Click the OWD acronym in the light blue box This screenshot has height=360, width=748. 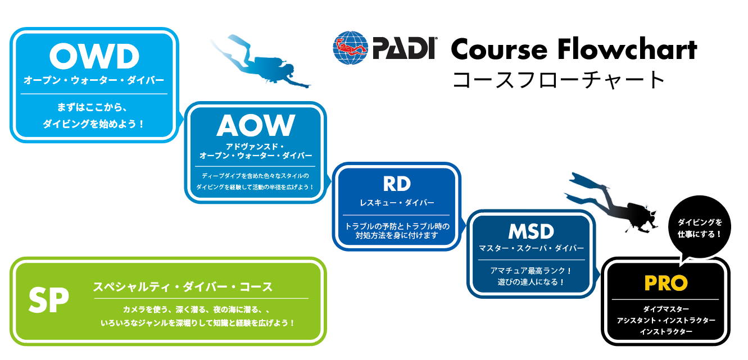tap(94, 56)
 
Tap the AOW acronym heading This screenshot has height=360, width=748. tap(256, 125)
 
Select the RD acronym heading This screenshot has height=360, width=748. tap(397, 184)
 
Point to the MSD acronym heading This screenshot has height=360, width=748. tap(531, 231)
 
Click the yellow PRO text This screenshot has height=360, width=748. tap(666, 283)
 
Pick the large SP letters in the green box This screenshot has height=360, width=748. tap(49, 300)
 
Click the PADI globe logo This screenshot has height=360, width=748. tap(350, 48)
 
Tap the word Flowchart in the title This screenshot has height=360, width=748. tap(627, 49)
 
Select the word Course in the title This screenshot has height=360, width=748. tap(499, 50)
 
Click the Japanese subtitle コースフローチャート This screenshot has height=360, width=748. tap(558, 80)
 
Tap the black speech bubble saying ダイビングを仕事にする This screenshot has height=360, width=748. tap(699, 228)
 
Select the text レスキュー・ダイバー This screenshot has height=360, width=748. tap(397, 203)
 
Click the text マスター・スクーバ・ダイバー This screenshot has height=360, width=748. tap(531, 248)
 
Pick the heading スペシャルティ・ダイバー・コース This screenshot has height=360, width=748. tap(183, 286)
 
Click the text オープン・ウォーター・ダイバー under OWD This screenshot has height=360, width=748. tap(94, 80)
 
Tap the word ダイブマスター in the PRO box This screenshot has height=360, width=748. tap(666, 309)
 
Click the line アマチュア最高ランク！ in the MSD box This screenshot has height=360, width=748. tap(531, 271)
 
